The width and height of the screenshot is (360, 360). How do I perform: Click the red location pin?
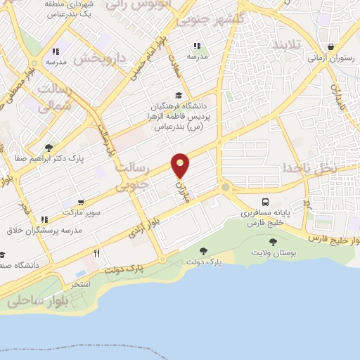[181, 165]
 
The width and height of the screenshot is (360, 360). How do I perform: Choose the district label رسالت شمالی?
[56, 98]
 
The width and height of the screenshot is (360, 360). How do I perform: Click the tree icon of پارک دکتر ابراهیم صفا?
[49, 148]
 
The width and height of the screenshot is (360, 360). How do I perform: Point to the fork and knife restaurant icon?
[96, 252]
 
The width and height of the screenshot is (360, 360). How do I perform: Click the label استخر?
[82, 285]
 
